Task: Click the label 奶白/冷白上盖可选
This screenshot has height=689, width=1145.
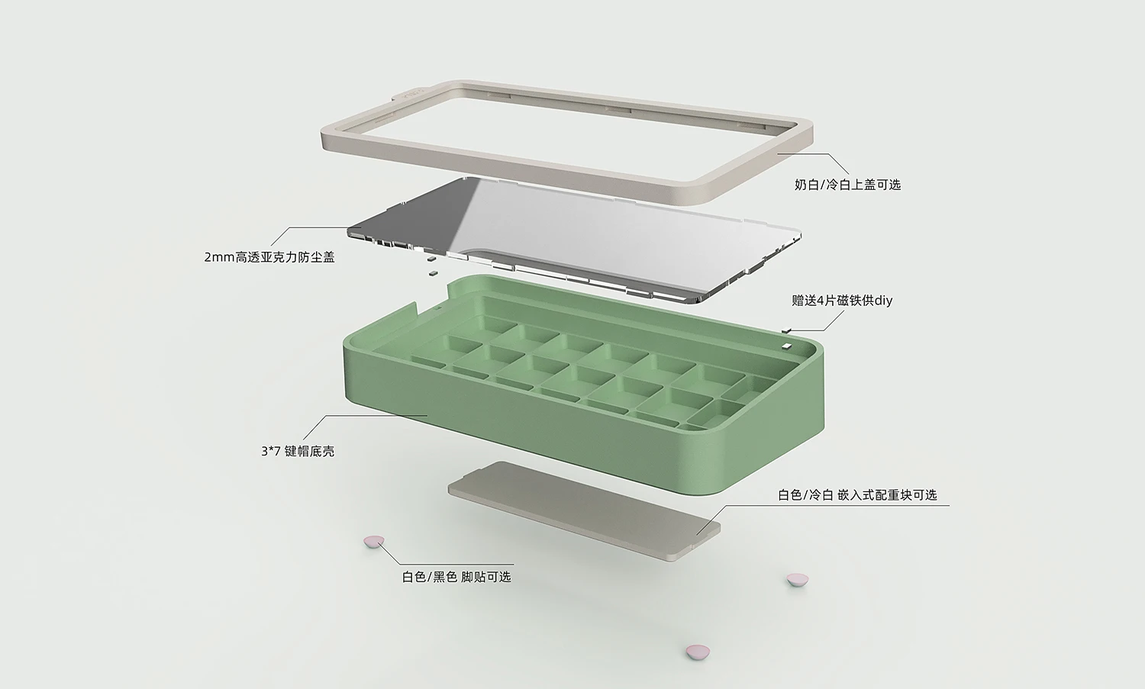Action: [847, 185]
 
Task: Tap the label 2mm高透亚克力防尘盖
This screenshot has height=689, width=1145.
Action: [269, 257]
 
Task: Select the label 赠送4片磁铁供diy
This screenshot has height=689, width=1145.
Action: [842, 301]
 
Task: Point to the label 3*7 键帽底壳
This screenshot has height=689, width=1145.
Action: [298, 452]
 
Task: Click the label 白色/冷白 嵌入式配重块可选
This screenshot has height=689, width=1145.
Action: [857, 495]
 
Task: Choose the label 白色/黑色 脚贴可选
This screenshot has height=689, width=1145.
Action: [456, 577]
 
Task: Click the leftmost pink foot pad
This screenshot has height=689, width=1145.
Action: [374, 542]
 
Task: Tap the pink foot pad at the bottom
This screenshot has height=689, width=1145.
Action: [698, 652]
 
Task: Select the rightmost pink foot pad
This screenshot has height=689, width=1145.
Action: [798, 580]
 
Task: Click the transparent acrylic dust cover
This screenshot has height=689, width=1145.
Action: [573, 240]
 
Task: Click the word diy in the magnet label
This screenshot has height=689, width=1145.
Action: [883, 301]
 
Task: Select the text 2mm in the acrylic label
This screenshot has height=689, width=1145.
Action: [219, 258]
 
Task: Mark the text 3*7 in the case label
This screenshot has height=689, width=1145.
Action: [270, 452]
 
